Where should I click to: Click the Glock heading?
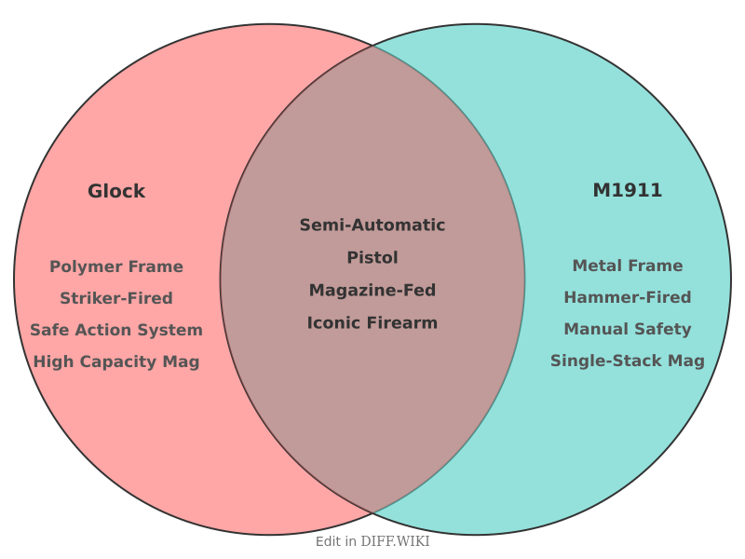coord(116,191)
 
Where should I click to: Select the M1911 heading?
coord(628,190)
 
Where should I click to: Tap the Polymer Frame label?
coord(116,266)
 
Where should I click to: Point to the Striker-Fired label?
coord(116,298)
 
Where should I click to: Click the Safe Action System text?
coord(116,330)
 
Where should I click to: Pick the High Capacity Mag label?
coord(116,361)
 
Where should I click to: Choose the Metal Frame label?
coord(628,266)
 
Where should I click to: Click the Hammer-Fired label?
coord(628,297)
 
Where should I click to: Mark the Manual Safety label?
coord(628,329)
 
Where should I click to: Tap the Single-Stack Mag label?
coord(628,361)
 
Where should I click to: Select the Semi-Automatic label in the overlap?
coord(372,225)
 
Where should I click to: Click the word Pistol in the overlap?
coord(372,258)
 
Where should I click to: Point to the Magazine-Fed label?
coord(372,291)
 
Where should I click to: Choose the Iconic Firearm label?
coord(372,323)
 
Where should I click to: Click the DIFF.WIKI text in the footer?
coord(395,541)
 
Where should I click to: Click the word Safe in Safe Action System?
coord(47,330)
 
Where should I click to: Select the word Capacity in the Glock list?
coord(118,361)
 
